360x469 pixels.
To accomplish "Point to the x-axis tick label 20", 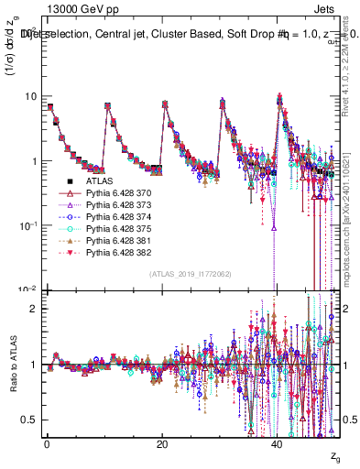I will [x=162, y=444].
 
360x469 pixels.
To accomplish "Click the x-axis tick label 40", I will [x=278, y=444].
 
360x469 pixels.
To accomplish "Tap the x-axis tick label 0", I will [x=47, y=444].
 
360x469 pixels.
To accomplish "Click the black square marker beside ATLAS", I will [x=70, y=181].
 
